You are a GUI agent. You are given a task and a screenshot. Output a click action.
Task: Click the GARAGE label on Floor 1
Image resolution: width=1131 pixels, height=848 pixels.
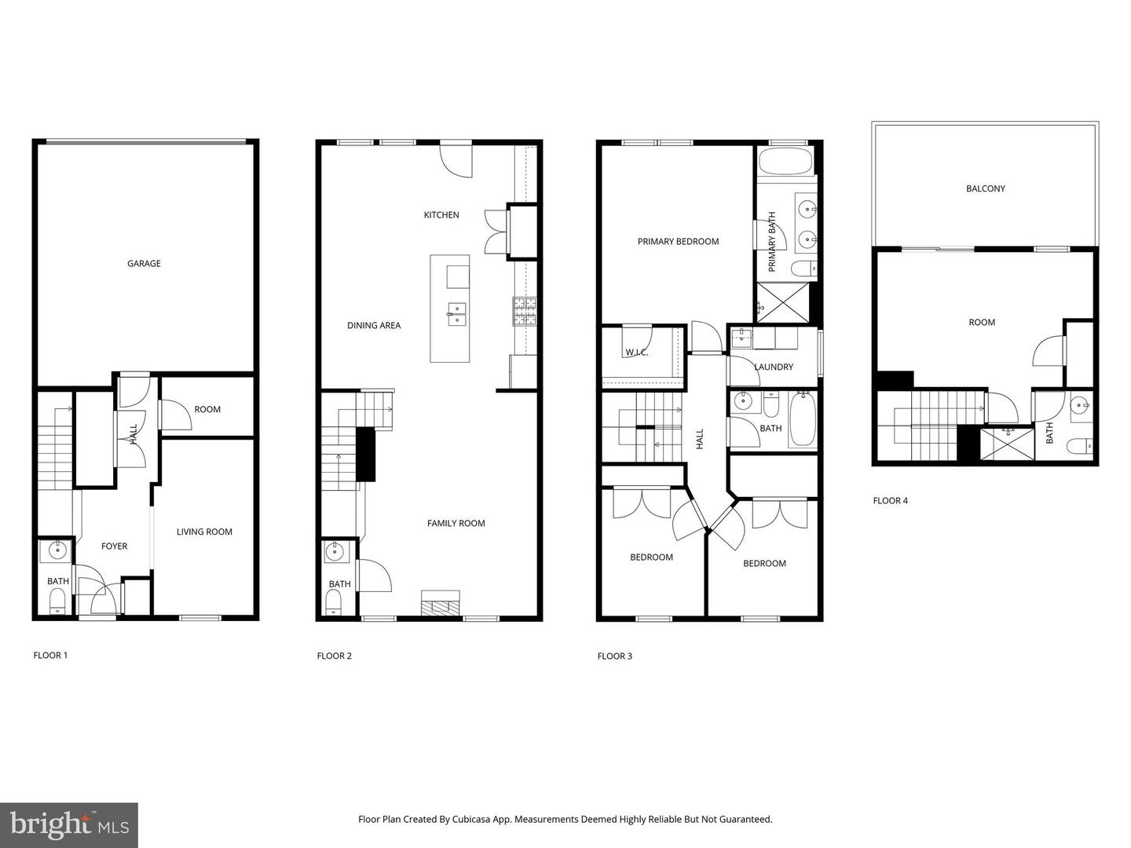pos(144,264)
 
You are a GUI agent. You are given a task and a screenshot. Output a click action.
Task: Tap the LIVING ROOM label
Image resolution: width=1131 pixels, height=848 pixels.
pos(204,532)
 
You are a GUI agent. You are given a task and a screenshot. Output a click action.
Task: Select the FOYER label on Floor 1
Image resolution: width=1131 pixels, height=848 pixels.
pos(114,546)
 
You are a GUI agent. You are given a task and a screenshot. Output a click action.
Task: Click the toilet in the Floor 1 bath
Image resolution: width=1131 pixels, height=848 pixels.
pos(57,602)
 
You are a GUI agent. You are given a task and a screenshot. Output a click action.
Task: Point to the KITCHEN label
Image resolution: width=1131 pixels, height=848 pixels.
pos(441,215)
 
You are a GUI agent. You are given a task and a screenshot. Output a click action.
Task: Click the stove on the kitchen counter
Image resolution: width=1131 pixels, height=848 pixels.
pos(525,312)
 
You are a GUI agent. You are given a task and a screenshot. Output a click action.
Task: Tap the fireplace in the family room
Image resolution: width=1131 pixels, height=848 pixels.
pos(441,604)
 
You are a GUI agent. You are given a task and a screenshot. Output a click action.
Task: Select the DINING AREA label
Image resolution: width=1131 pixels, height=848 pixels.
pos(374,325)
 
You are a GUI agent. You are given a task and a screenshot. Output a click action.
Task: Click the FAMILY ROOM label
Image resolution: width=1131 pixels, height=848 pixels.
pos(456,523)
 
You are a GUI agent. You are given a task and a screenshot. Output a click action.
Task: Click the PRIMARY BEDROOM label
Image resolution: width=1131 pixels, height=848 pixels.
pos(678,242)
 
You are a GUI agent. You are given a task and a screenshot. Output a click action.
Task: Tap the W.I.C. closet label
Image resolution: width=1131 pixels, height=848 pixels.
pos(636,353)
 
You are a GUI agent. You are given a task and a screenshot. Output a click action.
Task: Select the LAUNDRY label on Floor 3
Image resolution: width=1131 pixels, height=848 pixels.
pos(773,367)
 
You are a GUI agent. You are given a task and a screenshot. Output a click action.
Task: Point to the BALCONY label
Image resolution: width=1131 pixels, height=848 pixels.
pos(985,188)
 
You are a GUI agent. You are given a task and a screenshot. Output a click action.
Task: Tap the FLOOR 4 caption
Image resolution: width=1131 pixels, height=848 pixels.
pos(890,501)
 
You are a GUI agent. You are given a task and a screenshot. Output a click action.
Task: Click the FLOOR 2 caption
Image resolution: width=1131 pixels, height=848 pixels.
pos(334,656)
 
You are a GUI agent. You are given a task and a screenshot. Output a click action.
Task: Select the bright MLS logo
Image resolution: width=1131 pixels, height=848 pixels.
pos(69,824)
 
